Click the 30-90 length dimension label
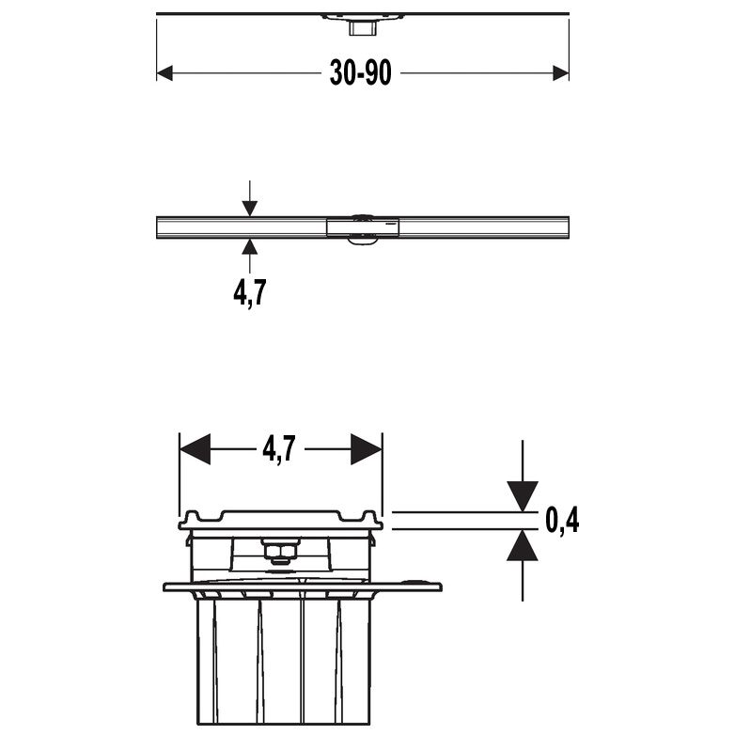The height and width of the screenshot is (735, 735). tap(360, 74)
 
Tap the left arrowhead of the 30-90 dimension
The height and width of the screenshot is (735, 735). tap(164, 73)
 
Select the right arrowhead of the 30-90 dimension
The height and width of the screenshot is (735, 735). tap(561, 73)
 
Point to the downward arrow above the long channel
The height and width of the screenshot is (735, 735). tap(249, 207)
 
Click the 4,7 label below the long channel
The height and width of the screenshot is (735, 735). tap(249, 292)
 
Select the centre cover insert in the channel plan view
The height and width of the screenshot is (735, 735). tap(364, 227)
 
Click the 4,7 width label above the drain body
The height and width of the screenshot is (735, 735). tap(279, 450)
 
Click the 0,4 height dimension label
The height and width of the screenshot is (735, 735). tap(561, 520)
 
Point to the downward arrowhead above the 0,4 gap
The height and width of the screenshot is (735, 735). tap(522, 495)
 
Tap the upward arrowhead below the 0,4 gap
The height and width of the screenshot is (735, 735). tap(522, 546)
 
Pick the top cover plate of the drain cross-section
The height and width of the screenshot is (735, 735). tap(280, 517)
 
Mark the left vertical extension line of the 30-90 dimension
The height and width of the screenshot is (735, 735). tap(156, 47)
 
